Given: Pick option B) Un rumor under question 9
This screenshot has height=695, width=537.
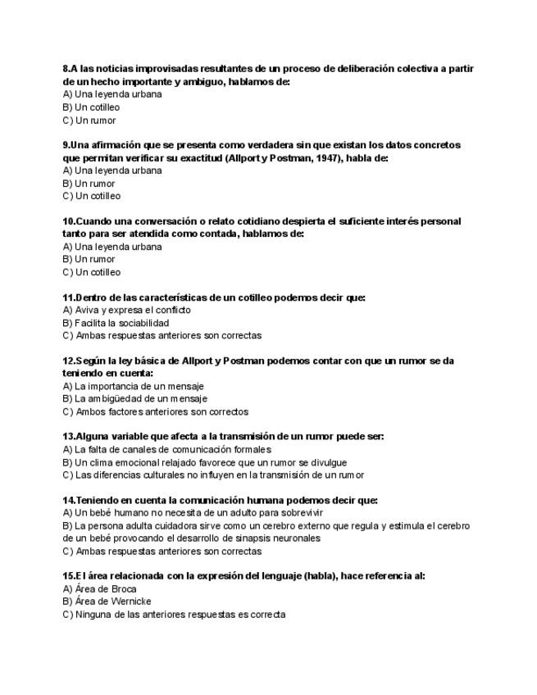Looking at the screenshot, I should tap(89, 184).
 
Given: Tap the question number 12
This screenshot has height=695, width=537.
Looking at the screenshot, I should tap(69, 361).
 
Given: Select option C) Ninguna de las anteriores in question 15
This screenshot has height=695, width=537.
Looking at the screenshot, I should tap(174, 615).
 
